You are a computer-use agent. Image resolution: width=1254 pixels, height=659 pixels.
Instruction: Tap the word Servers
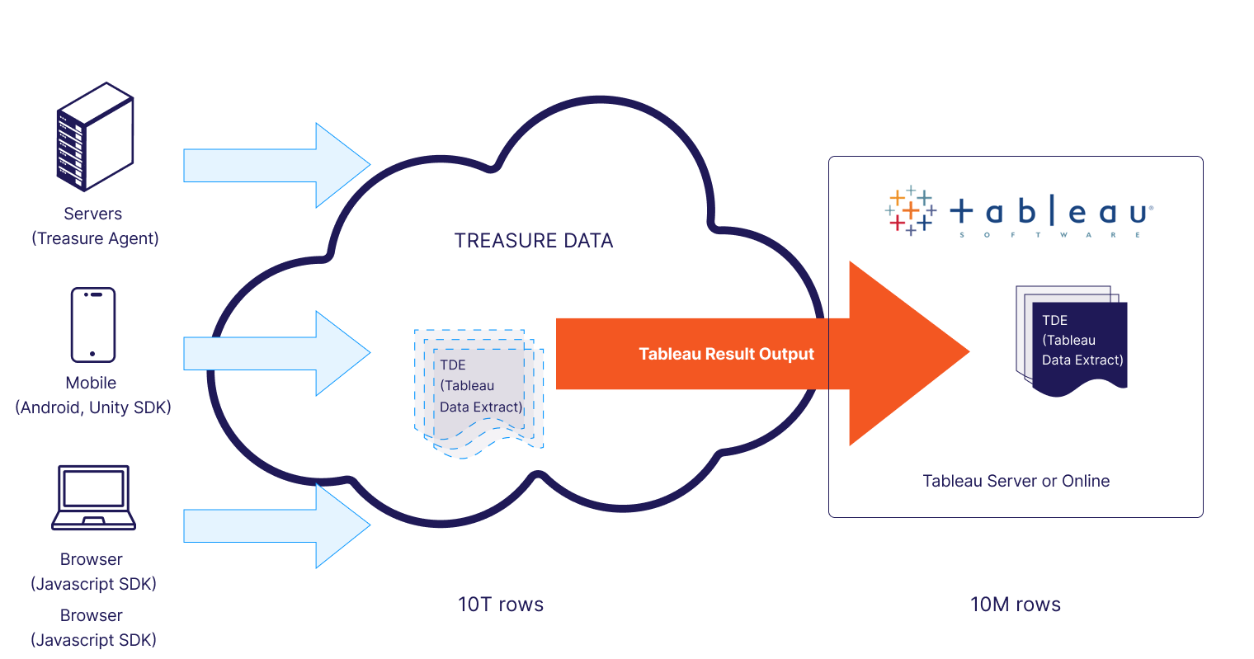92,214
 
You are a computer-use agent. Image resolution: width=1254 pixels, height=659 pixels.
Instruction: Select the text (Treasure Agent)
95,238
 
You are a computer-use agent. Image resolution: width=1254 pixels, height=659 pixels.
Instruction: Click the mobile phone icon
93,325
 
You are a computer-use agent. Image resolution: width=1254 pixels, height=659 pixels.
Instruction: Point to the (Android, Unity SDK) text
93,407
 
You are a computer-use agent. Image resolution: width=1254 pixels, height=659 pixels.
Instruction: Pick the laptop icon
93,497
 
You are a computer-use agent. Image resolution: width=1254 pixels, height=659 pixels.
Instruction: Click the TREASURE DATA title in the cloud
534,241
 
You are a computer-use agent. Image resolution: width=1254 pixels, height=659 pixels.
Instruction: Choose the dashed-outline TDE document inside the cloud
479,393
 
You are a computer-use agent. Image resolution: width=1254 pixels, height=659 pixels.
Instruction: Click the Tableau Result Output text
726,354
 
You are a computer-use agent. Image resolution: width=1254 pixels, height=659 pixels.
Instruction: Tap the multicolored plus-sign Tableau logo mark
910,211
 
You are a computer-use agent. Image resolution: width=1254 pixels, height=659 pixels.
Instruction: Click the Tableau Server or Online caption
1016,481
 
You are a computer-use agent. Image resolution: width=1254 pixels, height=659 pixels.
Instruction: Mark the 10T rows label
501,605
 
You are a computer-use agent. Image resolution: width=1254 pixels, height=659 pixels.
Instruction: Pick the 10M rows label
1016,605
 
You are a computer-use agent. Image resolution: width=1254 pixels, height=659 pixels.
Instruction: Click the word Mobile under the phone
91,383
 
